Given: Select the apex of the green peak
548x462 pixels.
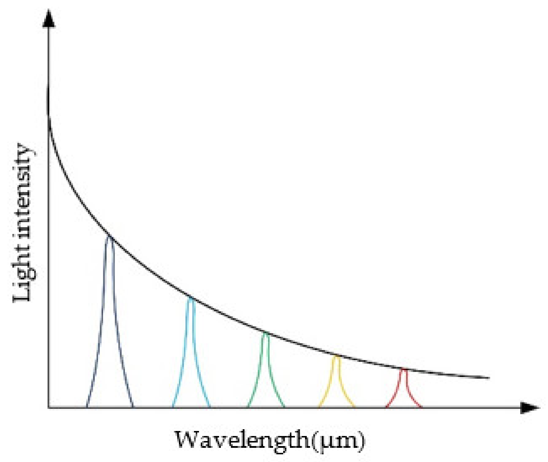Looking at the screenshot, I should pos(265,333).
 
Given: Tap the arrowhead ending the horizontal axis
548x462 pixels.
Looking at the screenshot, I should pos(530,408).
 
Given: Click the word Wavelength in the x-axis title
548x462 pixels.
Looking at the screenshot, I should pos(242,440).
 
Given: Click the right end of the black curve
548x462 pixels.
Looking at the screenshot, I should pos(489,378).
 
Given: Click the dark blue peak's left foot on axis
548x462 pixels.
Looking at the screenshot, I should pos(87,407).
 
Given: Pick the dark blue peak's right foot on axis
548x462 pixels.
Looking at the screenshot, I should pos(133,407).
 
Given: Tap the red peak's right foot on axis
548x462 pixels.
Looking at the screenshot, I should pos(421,407).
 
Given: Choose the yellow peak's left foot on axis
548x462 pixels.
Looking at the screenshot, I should pos(319,407).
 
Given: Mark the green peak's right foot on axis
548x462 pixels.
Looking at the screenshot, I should pos(284,407).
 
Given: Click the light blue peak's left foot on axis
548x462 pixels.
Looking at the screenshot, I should pos(173,407).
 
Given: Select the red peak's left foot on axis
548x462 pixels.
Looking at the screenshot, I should pos(386,407).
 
